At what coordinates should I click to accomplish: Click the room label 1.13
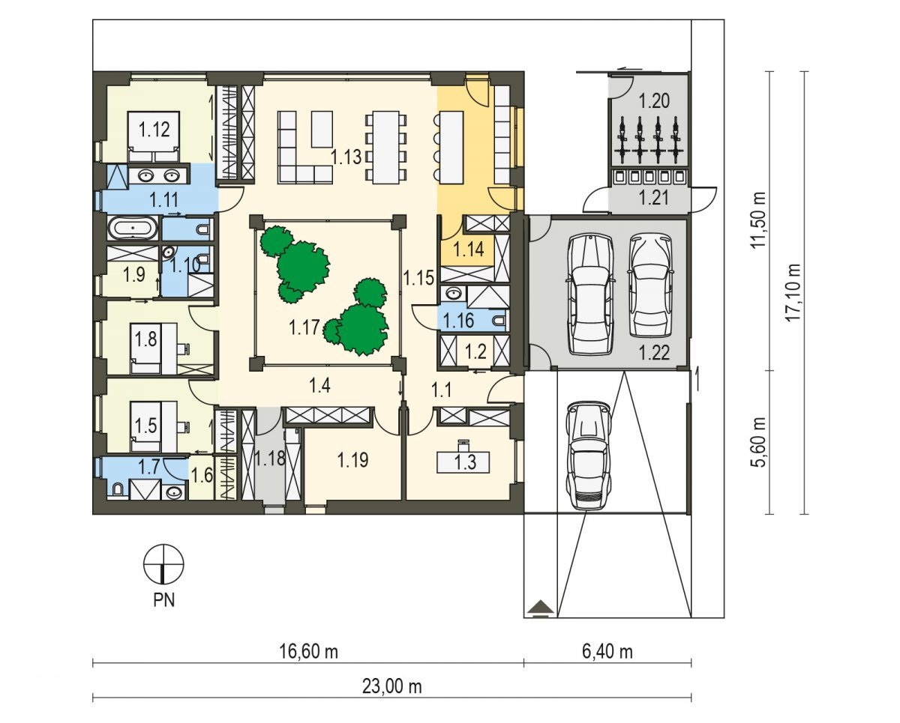pos(346,157)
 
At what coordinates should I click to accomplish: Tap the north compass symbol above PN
pos(163,563)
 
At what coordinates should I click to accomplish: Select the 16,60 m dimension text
pos(309,652)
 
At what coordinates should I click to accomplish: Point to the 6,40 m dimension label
pos(607,652)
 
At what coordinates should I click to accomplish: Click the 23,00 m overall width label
pos(391,686)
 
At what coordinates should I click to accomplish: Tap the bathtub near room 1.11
pos(133,228)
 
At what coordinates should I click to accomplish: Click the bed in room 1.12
pos(154,136)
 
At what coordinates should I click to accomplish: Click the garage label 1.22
pos(655,353)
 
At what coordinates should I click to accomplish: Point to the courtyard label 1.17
pos(304,327)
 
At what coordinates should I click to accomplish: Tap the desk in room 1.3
pos(463,462)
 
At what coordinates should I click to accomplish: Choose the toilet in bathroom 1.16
pos(499,321)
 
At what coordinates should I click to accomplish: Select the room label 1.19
pos(352,460)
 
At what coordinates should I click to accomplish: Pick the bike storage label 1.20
pos(655,101)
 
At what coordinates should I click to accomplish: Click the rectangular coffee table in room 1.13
pos(322,129)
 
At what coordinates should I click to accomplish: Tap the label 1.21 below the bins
pos(655,198)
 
